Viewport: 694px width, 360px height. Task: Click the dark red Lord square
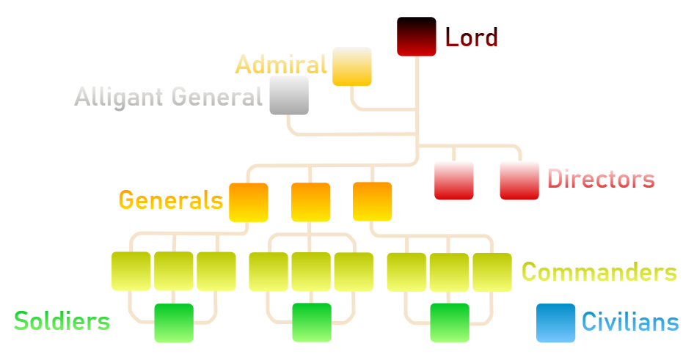pyautogui.click(x=417, y=37)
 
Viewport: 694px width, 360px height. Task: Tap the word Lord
pyautogui.click(x=472, y=37)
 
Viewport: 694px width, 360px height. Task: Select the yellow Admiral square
pyautogui.click(x=352, y=67)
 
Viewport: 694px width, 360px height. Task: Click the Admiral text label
pyautogui.click(x=281, y=65)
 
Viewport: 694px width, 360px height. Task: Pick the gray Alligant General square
pyautogui.click(x=289, y=95)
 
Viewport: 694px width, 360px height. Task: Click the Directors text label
pyautogui.click(x=601, y=179)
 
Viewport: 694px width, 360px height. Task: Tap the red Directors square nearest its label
pyautogui.click(x=519, y=180)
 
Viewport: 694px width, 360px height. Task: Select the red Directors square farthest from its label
pyautogui.click(x=453, y=180)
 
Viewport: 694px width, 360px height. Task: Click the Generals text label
pyautogui.click(x=171, y=199)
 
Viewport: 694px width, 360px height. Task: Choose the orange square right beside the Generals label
pyautogui.click(x=249, y=202)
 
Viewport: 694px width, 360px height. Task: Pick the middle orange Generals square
pyautogui.click(x=310, y=202)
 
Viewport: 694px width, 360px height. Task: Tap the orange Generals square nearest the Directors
pyautogui.click(x=372, y=202)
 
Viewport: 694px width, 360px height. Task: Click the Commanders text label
pyautogui.click(x=599, y=273)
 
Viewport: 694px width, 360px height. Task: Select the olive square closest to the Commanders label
pyautogui.click(x=492, y=271)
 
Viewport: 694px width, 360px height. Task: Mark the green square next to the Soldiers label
pyautogui.click(x=174, y=323)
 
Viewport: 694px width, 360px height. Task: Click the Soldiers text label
pyautogui.click(x=62, y=320)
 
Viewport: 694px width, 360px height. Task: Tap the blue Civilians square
pyautogui.click(x=555, y=323)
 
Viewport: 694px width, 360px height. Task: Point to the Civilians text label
pyautogui.click(x=630, y=321)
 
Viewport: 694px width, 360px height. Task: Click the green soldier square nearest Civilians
pyautogui.click(x=450, y=323)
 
